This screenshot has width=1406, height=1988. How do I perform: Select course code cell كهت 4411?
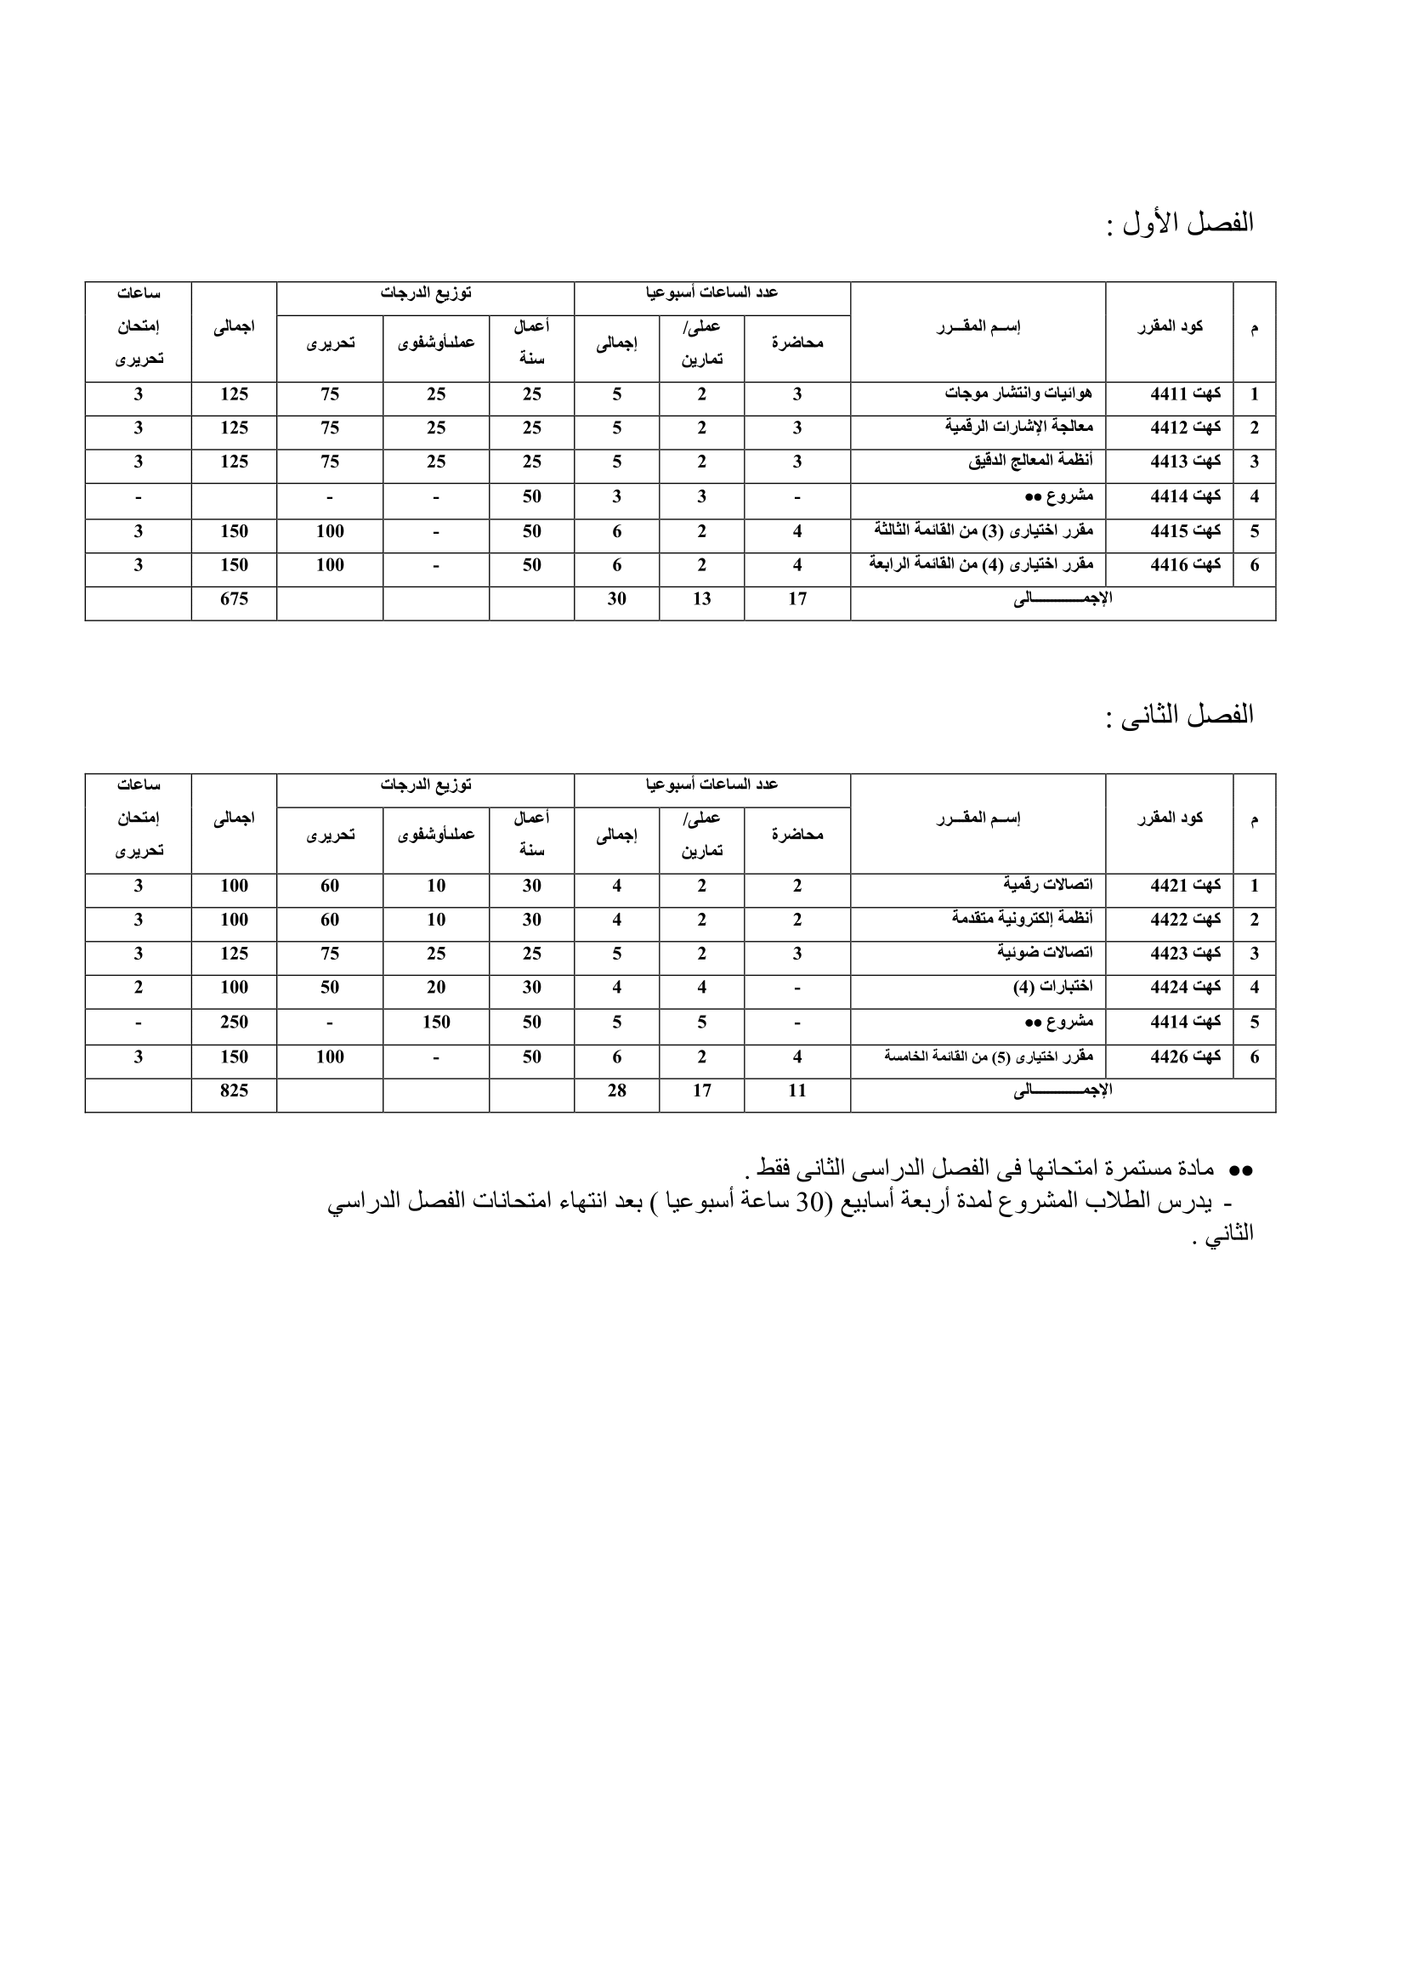(1185, 395)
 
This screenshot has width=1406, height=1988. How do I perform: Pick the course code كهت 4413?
(1185, 462)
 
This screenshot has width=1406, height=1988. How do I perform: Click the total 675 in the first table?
(234, 599)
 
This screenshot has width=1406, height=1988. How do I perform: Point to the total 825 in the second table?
(234, 1091)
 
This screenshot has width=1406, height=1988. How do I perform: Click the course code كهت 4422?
(1185, 920)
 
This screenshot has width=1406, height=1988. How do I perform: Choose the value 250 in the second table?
(234, 1022)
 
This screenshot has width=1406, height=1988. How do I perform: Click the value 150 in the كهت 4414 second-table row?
(435, 1022)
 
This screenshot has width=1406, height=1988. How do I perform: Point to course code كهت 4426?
(1185, 1057)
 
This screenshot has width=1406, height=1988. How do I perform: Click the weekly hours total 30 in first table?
(616, 599)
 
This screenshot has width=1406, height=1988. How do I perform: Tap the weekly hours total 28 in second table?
(616, 1091)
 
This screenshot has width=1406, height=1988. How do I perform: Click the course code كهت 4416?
(1185, 565)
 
